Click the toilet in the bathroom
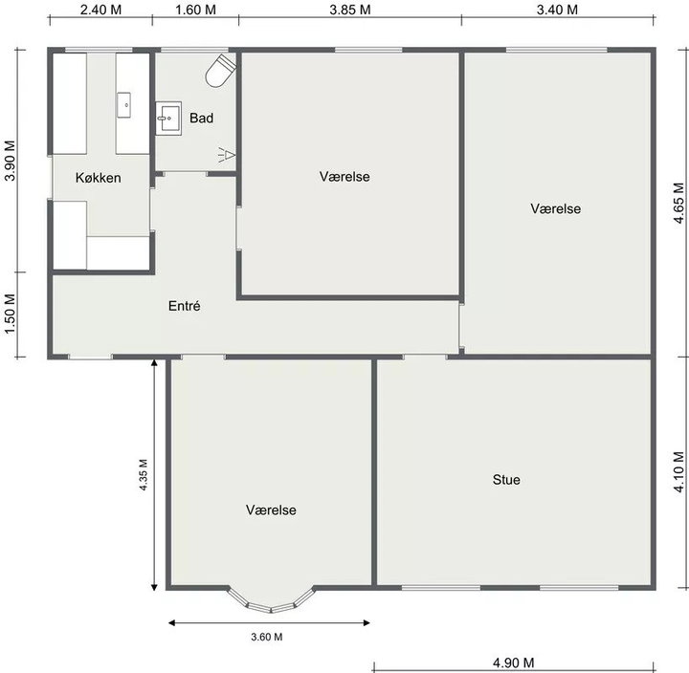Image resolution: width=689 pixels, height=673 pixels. (221, 70)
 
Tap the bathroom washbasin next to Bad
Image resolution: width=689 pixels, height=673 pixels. (168, 119)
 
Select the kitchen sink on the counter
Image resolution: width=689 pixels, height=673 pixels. (123, 105)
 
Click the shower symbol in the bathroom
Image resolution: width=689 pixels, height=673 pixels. (227, 155)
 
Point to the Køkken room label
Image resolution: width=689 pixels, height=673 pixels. (98, 178)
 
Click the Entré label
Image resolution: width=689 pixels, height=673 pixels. (184, 306)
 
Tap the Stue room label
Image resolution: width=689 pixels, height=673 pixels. (506, 480)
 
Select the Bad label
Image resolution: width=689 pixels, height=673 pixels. (201, 118)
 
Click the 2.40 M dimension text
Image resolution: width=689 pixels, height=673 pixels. (100, 10)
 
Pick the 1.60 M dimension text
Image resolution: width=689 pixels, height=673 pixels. (195, 10)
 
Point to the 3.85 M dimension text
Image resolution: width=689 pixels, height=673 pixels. (350, 10)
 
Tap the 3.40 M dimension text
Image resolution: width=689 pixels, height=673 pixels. (557, 10)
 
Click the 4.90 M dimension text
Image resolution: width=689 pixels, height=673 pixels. (513, 662)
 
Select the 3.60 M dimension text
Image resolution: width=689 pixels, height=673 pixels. (267, 637)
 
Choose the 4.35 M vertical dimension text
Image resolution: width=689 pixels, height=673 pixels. (144, 474)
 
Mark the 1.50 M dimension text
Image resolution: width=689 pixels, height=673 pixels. (10, 314)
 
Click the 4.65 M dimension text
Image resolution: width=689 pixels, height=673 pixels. (679, 203)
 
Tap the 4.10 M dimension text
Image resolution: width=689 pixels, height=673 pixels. (679, 472)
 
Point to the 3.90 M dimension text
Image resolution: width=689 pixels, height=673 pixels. (10, 161)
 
